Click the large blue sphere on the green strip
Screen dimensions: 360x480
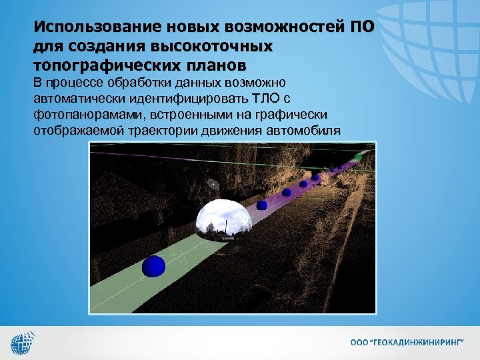point(153,266)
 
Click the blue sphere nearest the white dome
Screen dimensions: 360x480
point(261,205)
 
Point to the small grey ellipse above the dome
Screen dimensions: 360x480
point(213,184)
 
